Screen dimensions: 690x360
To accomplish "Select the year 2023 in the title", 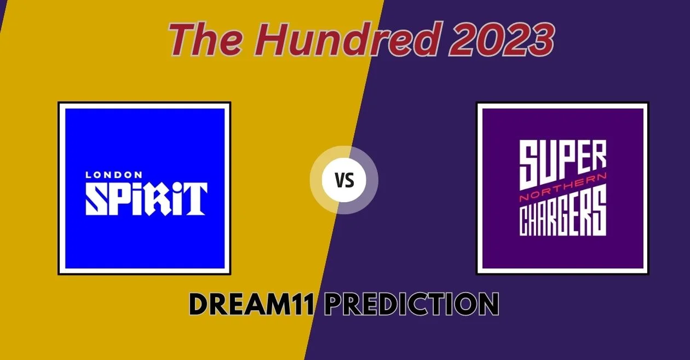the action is click(501, 39).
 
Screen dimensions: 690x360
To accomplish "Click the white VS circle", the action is click(344, 180).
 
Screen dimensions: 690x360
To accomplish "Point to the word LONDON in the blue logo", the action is click(114, 175).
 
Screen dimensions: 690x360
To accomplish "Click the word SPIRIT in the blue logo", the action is click(146, 199).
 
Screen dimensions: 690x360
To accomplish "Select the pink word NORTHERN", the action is click(563, 187).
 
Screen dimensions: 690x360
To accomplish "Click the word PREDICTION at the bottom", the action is click(412, 305).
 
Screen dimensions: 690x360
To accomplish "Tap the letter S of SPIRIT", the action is click(97, 199).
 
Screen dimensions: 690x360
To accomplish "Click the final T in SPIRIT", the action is click(194, 199).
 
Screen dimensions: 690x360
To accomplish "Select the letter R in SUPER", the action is click(598, 158).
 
